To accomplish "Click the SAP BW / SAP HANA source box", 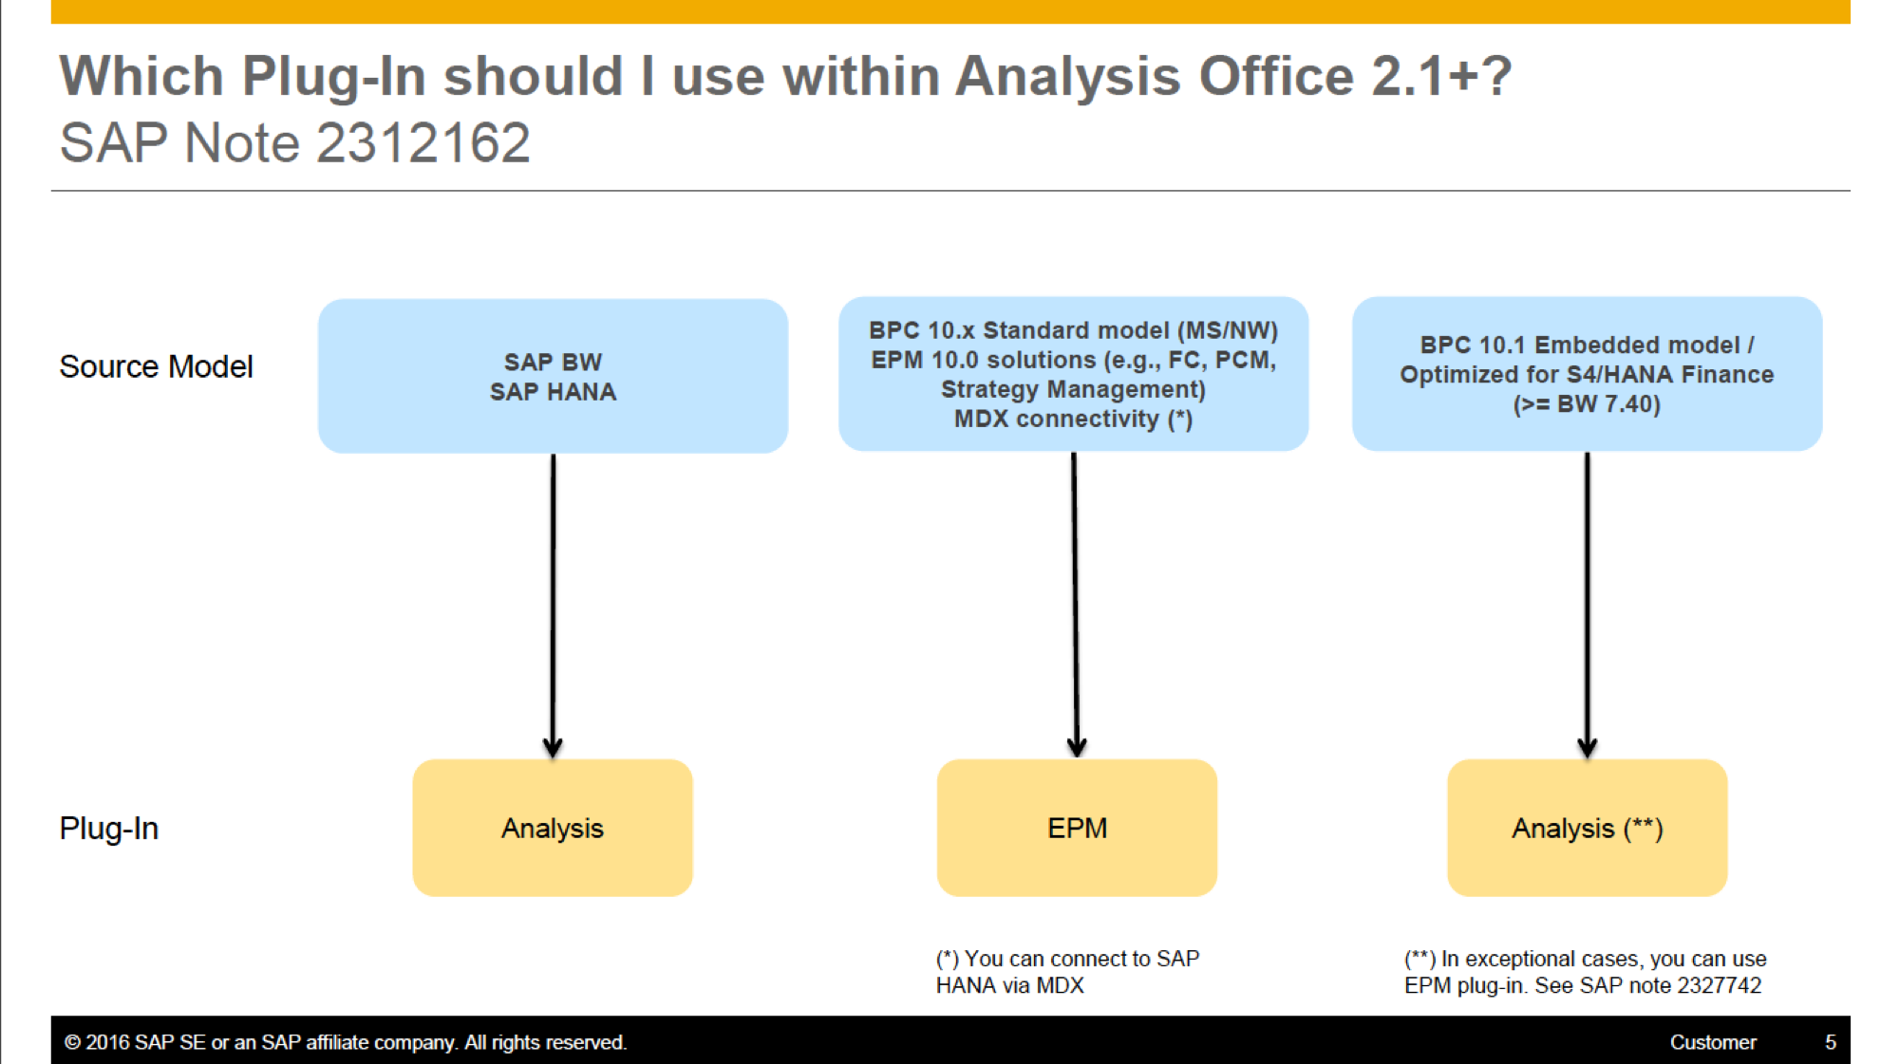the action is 553,376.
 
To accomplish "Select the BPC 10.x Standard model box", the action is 1073,374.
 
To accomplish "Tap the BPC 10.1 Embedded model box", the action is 1587,374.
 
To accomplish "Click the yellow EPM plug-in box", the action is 1077,828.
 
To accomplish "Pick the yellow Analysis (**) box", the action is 1587,828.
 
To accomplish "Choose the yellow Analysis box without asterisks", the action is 553,828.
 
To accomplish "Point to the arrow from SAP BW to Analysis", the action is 553,606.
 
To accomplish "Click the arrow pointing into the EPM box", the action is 1075,605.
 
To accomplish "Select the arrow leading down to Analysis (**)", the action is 1587,605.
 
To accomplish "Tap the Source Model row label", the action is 156,366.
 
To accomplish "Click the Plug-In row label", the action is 108,829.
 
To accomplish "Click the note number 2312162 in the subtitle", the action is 423,143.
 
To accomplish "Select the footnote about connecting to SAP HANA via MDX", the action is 1067,972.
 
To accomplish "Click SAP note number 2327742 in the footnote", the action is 1720,985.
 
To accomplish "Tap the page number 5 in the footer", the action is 1830,1042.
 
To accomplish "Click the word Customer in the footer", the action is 1713,1042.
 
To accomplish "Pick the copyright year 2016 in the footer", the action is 107,1042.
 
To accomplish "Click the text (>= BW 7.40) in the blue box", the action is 1587,404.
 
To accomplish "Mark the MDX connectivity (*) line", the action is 1073,419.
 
